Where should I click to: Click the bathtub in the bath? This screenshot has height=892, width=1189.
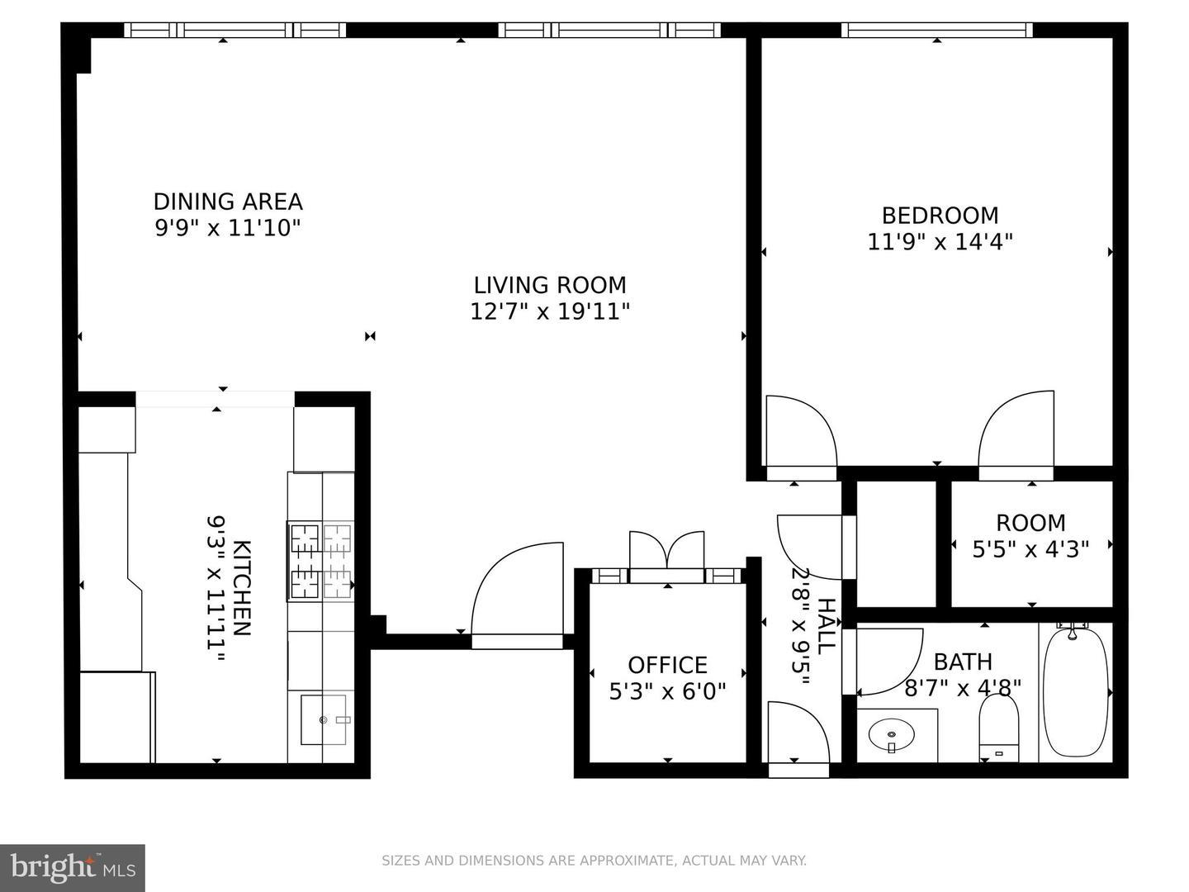point(1076,692)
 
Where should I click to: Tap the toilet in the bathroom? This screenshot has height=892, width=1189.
point(999,728)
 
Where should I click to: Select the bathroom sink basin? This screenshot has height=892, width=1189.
point(892,735)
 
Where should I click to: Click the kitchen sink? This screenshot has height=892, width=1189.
point(324,719)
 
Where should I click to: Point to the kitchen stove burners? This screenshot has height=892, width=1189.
point(320,561)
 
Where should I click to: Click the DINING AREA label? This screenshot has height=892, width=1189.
point(228,202)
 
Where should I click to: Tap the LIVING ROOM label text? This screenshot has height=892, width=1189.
point(550,285)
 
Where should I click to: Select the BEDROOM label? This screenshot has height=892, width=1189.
point(940,216)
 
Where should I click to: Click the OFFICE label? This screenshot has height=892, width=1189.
point(667,665)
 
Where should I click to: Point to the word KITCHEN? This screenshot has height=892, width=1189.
point(242,587)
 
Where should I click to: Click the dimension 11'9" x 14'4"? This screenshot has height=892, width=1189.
point(940,241)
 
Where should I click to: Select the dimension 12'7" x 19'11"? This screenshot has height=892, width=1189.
point(550,311)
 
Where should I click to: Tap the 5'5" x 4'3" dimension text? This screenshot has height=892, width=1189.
point(1030,550)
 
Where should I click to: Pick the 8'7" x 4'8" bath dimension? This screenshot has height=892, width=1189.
point(963,688)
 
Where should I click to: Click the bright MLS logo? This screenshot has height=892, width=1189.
point(73,867)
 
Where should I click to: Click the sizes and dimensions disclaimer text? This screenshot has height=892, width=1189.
point(594,860)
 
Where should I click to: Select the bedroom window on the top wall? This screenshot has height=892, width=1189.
point(936,30)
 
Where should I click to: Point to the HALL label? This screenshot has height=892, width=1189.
point(827,627)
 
